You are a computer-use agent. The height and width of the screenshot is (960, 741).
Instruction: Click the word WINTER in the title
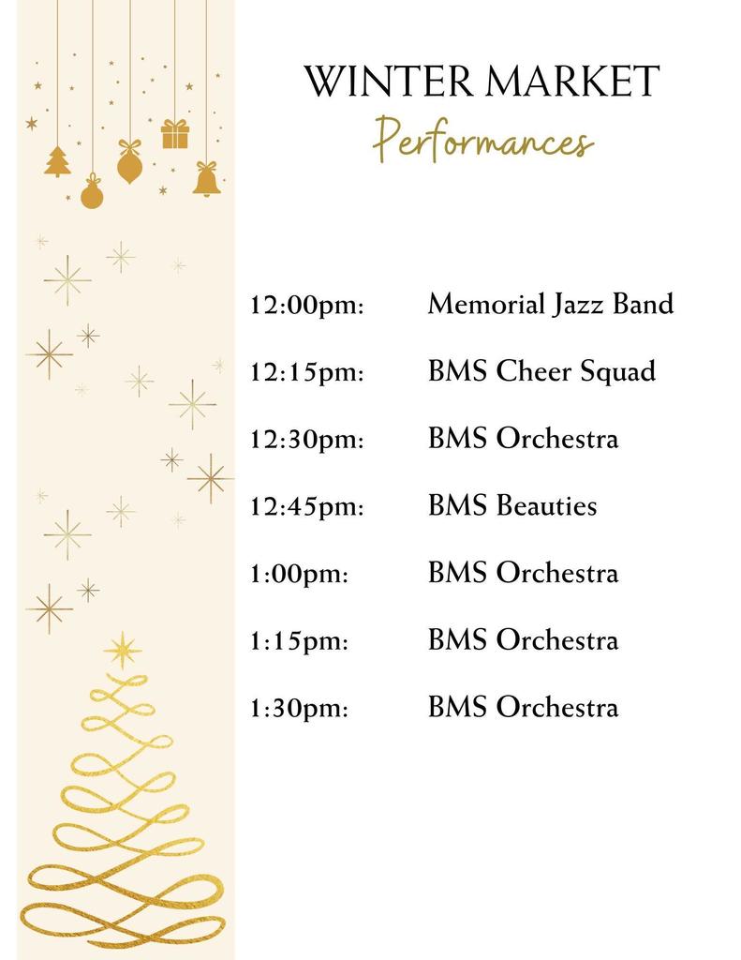click(x=379, y=82)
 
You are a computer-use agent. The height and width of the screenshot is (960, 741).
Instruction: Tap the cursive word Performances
click(x=482, y=141)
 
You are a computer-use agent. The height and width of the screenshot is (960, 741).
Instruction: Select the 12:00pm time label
click(x=306, y=306)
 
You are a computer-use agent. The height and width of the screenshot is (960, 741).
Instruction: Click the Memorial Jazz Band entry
click(x=550, y=305)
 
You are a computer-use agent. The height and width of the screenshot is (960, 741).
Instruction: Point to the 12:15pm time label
click(x=306, y=373)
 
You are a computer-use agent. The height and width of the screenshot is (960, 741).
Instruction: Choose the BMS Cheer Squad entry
click(x=541, y=372)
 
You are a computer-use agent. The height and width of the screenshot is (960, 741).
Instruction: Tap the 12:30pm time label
click(x=306, y=440)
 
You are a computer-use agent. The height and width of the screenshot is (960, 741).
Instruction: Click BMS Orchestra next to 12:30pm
click(x=523, y=439)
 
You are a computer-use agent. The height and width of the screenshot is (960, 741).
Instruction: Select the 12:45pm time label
click(x=306, y=507)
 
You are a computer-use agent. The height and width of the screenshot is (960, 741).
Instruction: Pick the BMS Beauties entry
click(x=512, y=506)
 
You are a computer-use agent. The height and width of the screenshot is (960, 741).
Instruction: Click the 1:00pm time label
click(x=299, y=574)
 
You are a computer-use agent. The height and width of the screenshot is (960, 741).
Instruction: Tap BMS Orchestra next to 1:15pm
click(x=523, y=640)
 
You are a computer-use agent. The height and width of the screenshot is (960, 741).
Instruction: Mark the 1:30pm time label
click(x=299, y=708)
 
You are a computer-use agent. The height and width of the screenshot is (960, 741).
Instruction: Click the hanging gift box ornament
click(x=174, y=134)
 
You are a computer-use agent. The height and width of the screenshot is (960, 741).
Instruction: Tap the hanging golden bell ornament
click(x=207, y=179)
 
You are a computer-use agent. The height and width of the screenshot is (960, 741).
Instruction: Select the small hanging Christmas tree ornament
click(x=58, y=161)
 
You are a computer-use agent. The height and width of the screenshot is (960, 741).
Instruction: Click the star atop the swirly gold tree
click(x=123, y=650)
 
